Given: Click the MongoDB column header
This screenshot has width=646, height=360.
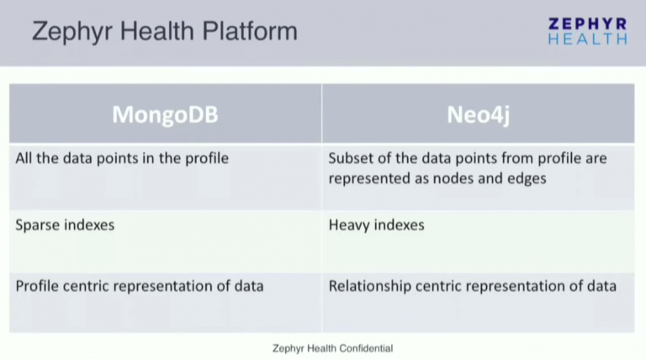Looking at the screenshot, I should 165,114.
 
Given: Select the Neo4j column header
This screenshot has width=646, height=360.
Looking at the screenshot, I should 478,114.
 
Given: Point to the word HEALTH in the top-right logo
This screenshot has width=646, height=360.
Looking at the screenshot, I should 587,39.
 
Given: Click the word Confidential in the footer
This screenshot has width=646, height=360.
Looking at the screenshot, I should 363,347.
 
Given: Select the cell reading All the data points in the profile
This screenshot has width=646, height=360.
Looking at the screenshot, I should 122,158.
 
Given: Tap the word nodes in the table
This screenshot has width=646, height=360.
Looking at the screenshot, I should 451,178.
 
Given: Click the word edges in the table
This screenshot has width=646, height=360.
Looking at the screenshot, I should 525,178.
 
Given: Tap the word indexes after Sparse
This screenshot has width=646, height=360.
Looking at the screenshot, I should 90,225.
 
